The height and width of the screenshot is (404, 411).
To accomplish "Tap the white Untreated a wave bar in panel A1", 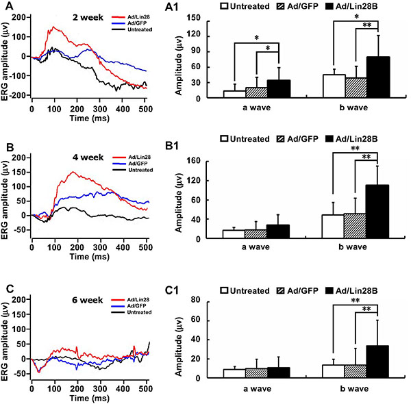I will tap(234, 94).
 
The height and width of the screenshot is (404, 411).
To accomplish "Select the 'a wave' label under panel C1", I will tap(256, 389).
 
